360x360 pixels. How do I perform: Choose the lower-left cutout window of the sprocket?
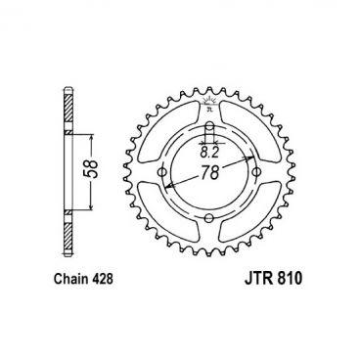tap(165, 226)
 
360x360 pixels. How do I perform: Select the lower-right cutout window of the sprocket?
tap(257, 226)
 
